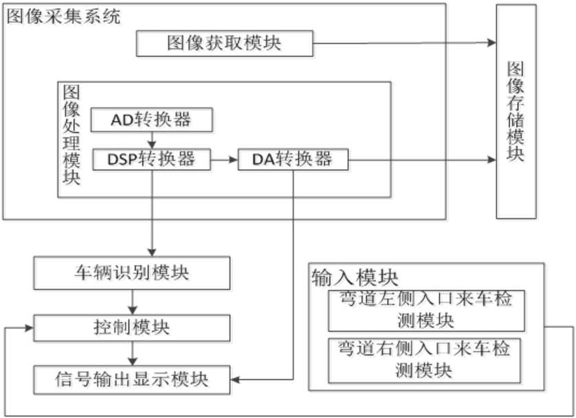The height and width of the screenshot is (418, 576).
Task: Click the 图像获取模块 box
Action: tap(225, 44)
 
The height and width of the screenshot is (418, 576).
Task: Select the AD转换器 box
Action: tap(152, 120)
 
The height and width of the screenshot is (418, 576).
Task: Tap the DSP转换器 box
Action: tap(152, 159)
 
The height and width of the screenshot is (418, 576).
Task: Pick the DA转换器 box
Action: tap(293, 159)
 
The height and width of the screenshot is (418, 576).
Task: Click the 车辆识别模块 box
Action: tap(132, 273)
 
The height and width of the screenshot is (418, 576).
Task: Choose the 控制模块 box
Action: tap(132, 328)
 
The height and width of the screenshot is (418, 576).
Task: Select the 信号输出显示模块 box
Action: tap(132, 380)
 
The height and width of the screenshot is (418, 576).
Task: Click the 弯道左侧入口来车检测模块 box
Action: tap(426, 311)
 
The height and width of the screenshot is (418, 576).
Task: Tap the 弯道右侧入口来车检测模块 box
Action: tap(424, 361)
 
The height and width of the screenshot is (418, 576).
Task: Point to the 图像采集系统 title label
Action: tap(64, 17)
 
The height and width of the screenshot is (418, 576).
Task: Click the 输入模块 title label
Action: tap(355, 277)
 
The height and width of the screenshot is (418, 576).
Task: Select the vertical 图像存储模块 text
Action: tap(516, 111)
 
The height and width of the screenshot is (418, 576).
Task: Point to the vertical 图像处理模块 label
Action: tap(71, 135)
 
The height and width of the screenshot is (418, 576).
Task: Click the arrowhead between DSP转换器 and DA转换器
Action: tap(233, 159)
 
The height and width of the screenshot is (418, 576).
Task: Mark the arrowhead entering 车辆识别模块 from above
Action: tap(152, 253)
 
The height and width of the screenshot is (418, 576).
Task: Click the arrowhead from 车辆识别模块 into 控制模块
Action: tap(132, 310)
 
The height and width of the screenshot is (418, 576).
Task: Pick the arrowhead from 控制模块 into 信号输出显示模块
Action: tap(132, 361)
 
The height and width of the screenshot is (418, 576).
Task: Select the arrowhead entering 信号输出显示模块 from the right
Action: tap(235, 380)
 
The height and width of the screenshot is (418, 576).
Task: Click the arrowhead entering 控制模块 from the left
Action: tap(30, 328)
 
